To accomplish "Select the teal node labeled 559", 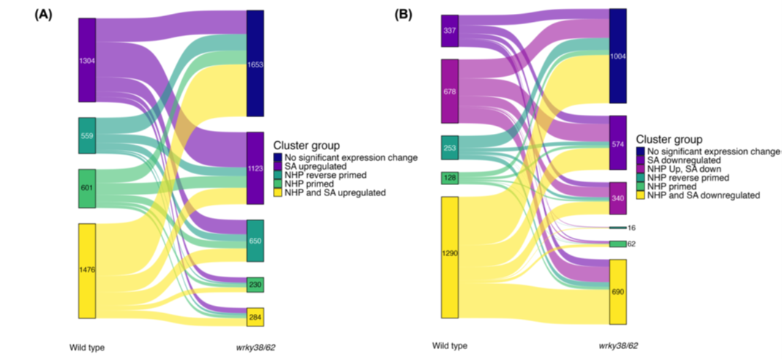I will click(87, 135).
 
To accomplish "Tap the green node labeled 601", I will click(87, 188).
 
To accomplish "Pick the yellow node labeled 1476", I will click(87, 271).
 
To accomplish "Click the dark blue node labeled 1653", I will click(255, 64).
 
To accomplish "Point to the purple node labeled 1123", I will click(255, 168).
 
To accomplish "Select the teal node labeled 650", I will click(255, 241).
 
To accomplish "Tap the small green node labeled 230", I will click(255, 285).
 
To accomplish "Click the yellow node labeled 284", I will click(255, 317).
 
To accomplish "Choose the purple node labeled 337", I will click(449, 31).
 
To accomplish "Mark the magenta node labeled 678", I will click(449, 91).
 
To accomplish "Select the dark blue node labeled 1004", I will click(618, 56).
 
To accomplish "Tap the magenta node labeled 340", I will click(618, 198).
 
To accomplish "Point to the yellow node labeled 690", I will click(618, 291).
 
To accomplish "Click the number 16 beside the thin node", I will click(631, 228).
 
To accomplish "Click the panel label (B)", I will click(403, 14).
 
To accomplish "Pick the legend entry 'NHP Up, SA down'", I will click(682, 168).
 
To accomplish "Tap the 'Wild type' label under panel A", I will click(87, 347).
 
